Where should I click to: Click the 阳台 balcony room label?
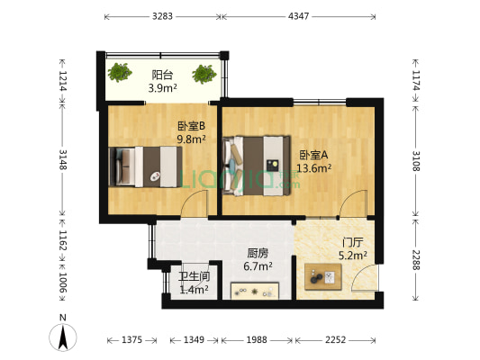(x=163, y=76)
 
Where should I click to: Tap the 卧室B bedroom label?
(x=191, y=126)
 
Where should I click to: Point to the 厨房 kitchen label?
(x=259, y=253)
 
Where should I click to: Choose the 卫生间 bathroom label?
(x=194, y=276)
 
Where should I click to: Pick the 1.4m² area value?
(x=194, y=289)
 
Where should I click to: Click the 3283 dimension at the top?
(x=163, y=16)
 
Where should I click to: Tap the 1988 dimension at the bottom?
(x=257, y=339)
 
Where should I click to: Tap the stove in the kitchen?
(x=256, y=290)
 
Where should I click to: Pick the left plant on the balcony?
(x=120, y=71)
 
